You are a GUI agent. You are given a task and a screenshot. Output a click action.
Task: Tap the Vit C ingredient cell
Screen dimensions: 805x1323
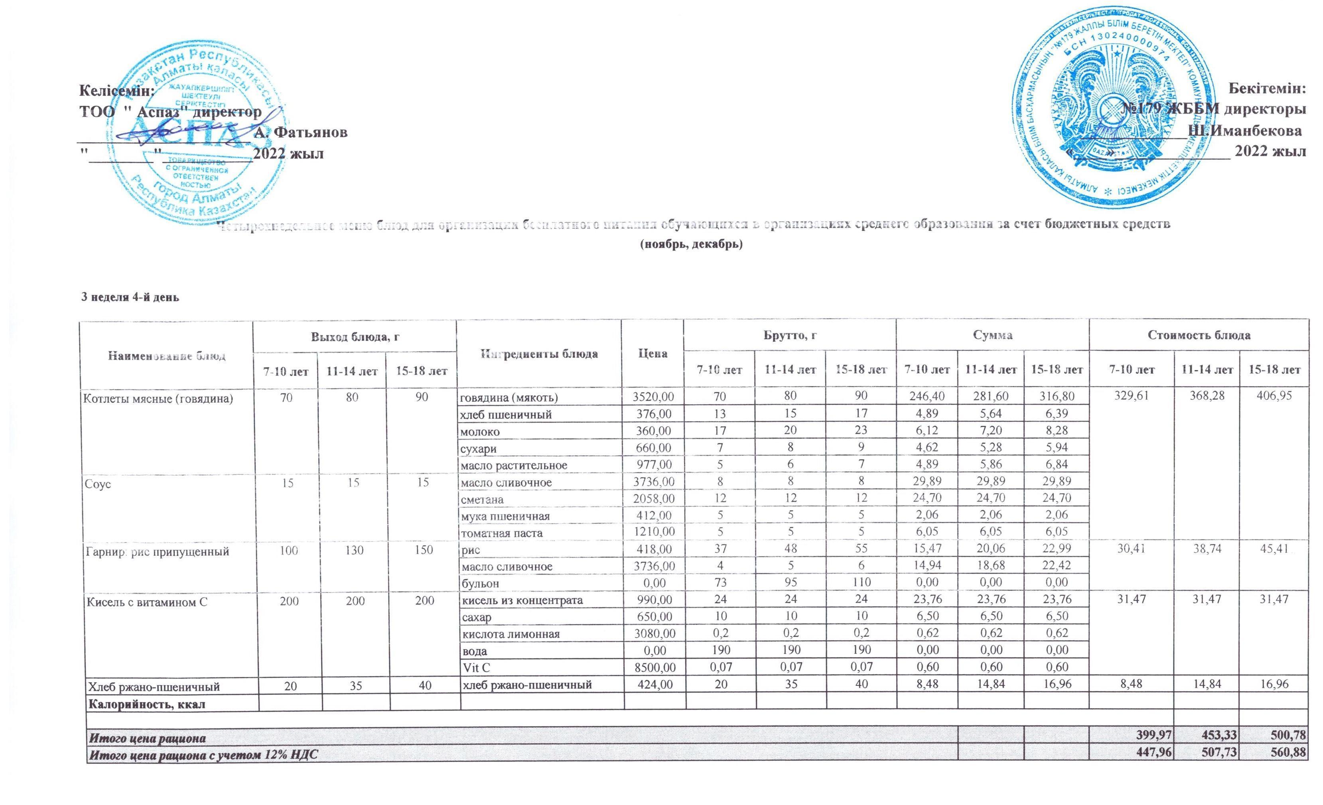(477, 667)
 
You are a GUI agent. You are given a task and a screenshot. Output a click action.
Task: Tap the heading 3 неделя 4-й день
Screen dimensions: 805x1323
(130, 297)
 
